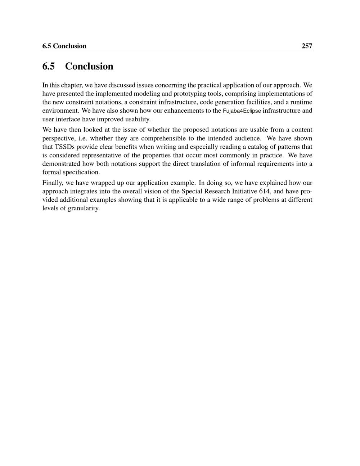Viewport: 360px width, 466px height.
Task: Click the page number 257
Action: [307, 46]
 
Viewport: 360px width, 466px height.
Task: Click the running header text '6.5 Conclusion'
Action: [64, 46]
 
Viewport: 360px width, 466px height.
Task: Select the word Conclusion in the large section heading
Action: [89, 66]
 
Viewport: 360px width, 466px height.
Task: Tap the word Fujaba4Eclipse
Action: [242, 111]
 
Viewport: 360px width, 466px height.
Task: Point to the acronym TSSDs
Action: [64, 147]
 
